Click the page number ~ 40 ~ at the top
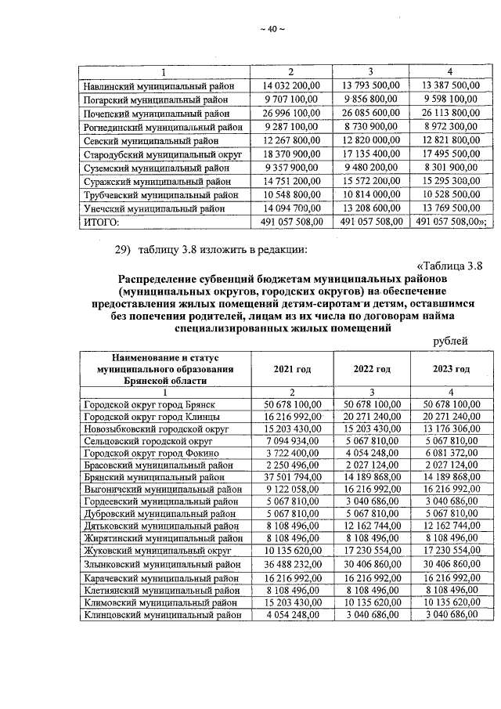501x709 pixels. tap(271, 30)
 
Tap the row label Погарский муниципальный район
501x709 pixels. tap(154, 99)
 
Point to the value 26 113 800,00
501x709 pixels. tap(448, 113)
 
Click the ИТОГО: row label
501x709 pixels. tap(99, 222)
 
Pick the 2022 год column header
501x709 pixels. tap(372, 368)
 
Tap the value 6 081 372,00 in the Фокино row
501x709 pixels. tap(450, 453)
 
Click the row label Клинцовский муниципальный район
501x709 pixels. tap(159, 614)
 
